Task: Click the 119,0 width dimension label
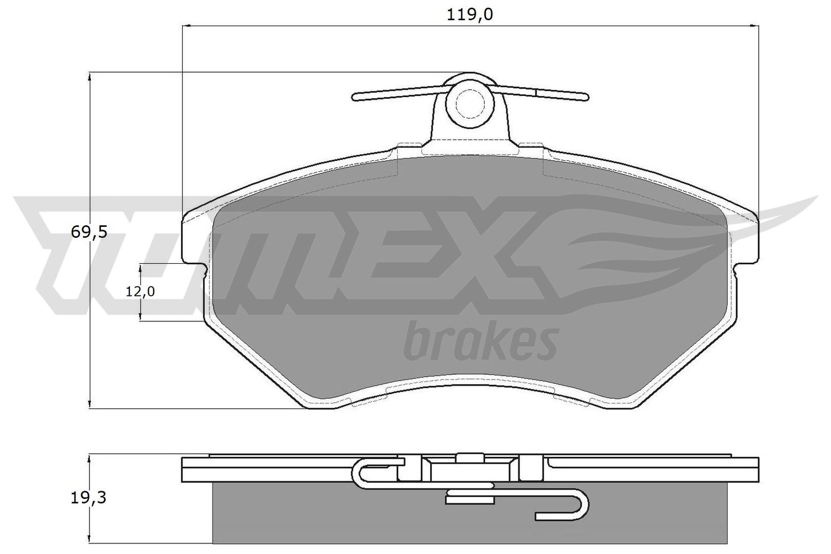click(470, 15)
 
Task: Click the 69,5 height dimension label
click(89, 232)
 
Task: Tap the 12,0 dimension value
click(140, 292)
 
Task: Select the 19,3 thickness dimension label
click(88, 498)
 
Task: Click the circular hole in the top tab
click(470, 104)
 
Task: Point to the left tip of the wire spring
click(355, 97)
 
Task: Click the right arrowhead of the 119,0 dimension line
click(755, 25)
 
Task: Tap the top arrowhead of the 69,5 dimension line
click(90, 76)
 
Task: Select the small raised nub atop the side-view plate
click(470, 457)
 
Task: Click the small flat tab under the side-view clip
click(470, 499)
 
